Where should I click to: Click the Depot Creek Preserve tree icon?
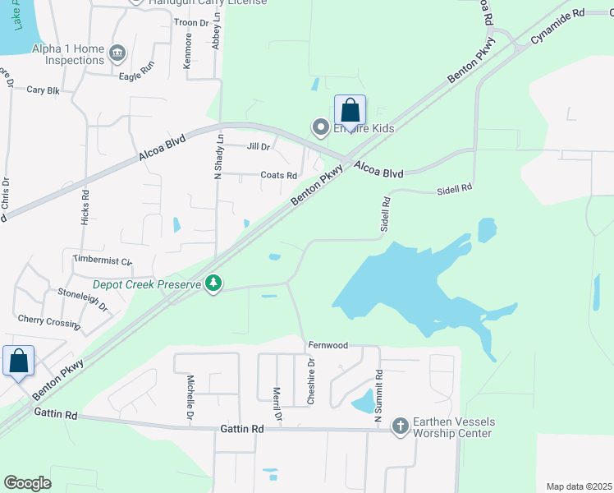214,283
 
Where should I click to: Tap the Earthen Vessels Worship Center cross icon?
400,426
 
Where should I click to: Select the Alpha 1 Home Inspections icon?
117,53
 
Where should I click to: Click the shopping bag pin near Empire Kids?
350,111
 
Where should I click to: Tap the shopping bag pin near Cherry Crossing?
18,362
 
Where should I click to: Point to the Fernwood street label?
328,345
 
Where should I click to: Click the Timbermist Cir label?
102,260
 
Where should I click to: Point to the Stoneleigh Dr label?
83,297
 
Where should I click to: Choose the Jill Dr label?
259,147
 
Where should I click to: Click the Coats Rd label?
278,175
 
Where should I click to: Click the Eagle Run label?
136,75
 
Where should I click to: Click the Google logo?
27,483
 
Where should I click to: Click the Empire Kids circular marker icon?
320,127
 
